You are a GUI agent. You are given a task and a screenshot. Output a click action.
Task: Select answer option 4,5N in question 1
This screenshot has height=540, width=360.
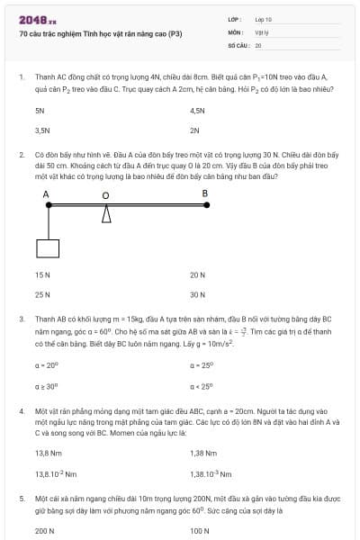pos(198,110)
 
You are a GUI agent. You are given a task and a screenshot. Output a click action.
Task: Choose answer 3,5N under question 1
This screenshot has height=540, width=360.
pos(41,130)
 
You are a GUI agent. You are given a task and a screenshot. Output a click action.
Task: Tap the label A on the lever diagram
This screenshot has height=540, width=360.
pos(46,194)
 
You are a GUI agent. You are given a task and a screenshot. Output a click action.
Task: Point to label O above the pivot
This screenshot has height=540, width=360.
pos(105,195)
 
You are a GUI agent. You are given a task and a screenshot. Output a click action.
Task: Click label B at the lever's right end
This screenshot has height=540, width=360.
pos(204,193)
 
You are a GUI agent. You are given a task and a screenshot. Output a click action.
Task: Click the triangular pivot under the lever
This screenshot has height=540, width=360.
pos(106,215)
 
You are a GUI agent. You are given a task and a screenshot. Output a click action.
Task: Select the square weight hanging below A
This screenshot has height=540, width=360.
pos(48,248)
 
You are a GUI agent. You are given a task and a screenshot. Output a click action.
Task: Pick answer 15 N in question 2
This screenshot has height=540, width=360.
pos(42,274)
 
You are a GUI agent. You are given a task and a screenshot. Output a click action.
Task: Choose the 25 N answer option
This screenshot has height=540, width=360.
pos(42,294)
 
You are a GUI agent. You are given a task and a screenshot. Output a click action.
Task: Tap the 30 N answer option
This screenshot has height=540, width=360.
pos(198,294)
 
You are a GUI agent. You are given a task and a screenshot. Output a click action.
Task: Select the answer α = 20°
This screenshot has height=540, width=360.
pos(46,364)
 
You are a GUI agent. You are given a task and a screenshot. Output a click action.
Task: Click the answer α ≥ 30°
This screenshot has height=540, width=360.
pos(46,385)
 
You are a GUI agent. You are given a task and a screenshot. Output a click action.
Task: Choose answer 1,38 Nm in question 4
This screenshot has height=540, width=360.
pos(203,453)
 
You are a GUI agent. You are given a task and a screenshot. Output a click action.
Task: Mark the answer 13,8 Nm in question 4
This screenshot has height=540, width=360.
pos(47,453)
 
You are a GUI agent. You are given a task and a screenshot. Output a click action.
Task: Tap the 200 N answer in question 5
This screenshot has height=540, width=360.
pos(44,531)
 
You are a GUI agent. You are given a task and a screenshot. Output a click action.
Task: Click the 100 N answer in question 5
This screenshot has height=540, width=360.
pos(200,531)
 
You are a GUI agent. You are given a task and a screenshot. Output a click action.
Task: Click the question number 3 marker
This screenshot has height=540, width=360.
pos(21,319)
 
